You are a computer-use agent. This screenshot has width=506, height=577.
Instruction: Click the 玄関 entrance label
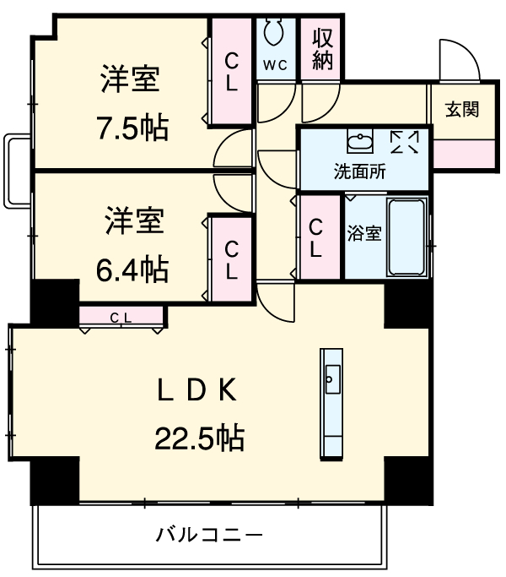coord(462,109)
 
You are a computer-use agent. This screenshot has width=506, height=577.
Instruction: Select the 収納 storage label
coord(321,48)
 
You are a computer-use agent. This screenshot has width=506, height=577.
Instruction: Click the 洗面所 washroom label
coord(360,172)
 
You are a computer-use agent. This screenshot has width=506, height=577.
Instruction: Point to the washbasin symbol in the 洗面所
coord(360,140)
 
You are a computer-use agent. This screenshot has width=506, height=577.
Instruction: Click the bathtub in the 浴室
coord(406,237)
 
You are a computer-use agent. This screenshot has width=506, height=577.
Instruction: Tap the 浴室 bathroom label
coord(364,233)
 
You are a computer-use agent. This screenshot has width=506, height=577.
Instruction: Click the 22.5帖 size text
coord(199,437)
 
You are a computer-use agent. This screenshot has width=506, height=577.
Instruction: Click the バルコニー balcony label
coord(208,535)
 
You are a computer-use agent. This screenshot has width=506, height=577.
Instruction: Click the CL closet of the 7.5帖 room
coord(231,72)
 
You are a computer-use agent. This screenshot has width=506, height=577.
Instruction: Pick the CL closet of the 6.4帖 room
coord(231,259)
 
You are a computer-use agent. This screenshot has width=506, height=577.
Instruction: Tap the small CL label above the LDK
coord(121,317)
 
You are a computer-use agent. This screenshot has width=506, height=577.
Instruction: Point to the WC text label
coord(276,64)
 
